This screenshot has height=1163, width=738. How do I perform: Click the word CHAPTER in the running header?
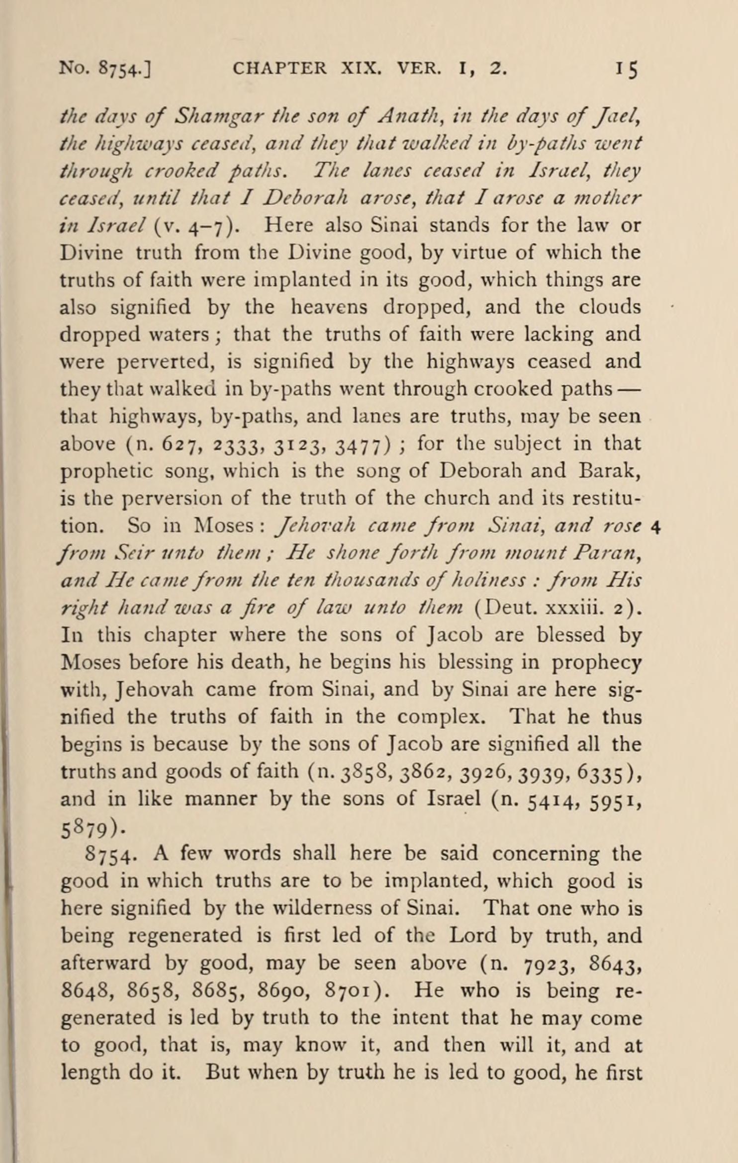coord(279,68)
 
